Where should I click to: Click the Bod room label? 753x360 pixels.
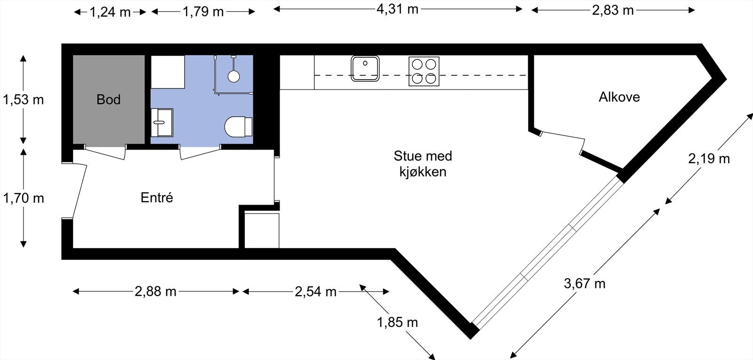108,100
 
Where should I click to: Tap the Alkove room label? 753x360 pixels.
619,97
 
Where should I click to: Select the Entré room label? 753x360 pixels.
157,198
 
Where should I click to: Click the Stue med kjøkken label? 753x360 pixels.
423,163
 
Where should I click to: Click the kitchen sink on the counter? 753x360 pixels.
365,69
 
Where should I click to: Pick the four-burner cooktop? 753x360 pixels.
424,71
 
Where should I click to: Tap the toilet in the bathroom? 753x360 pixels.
238,126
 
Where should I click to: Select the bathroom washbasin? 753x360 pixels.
162,122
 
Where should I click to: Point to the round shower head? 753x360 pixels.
233,75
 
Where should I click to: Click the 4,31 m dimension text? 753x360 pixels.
397,9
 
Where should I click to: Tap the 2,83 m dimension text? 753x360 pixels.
613,10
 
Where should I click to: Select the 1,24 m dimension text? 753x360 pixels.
110,12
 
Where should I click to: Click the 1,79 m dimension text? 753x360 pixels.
203,11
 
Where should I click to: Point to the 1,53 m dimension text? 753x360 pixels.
23,100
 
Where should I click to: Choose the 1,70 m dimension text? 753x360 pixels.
23,199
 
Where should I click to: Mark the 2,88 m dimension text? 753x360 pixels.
155,292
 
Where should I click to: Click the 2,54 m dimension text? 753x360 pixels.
315,292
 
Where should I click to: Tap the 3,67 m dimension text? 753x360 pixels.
585,283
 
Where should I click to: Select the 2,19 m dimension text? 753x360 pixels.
709,159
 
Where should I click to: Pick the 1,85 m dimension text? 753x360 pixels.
397,322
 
